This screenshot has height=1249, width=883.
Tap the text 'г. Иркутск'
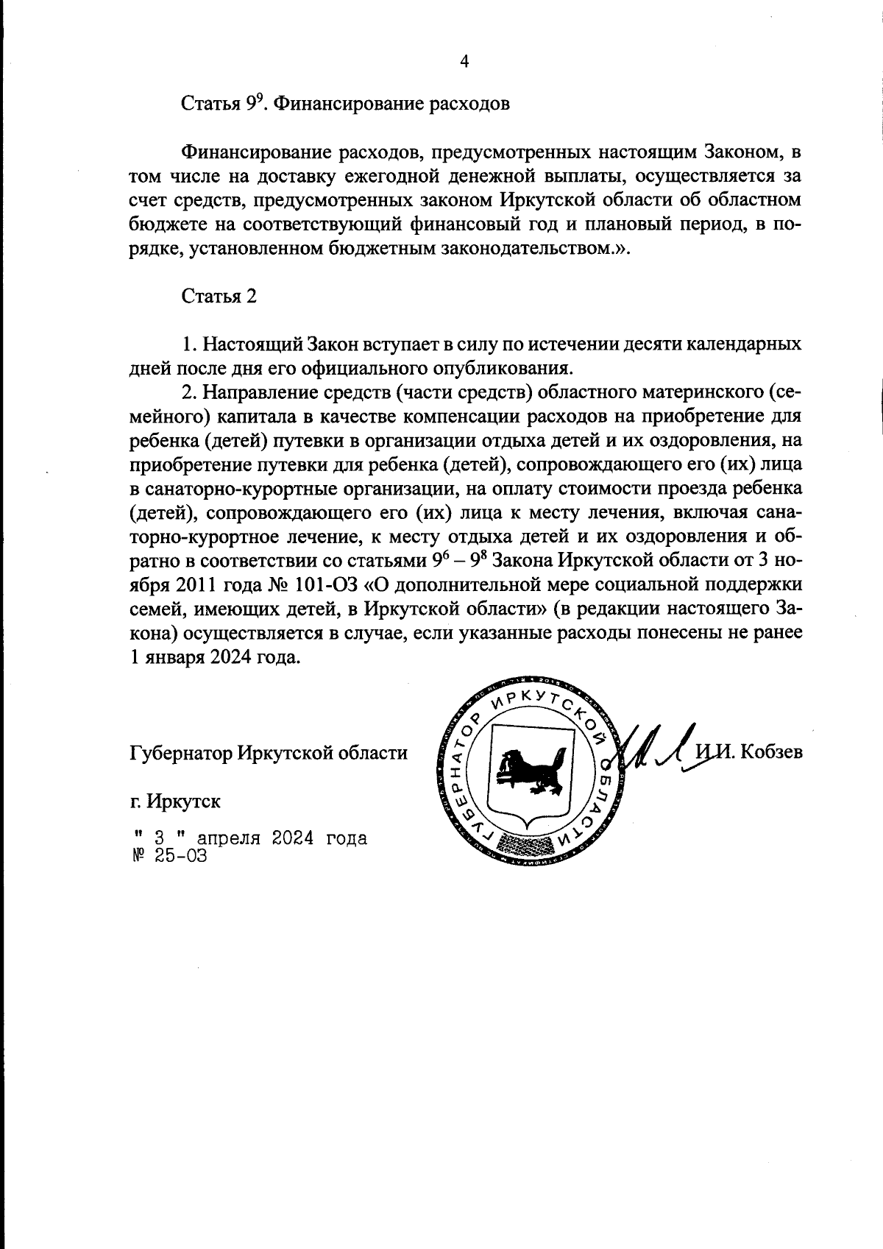[175, 802]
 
